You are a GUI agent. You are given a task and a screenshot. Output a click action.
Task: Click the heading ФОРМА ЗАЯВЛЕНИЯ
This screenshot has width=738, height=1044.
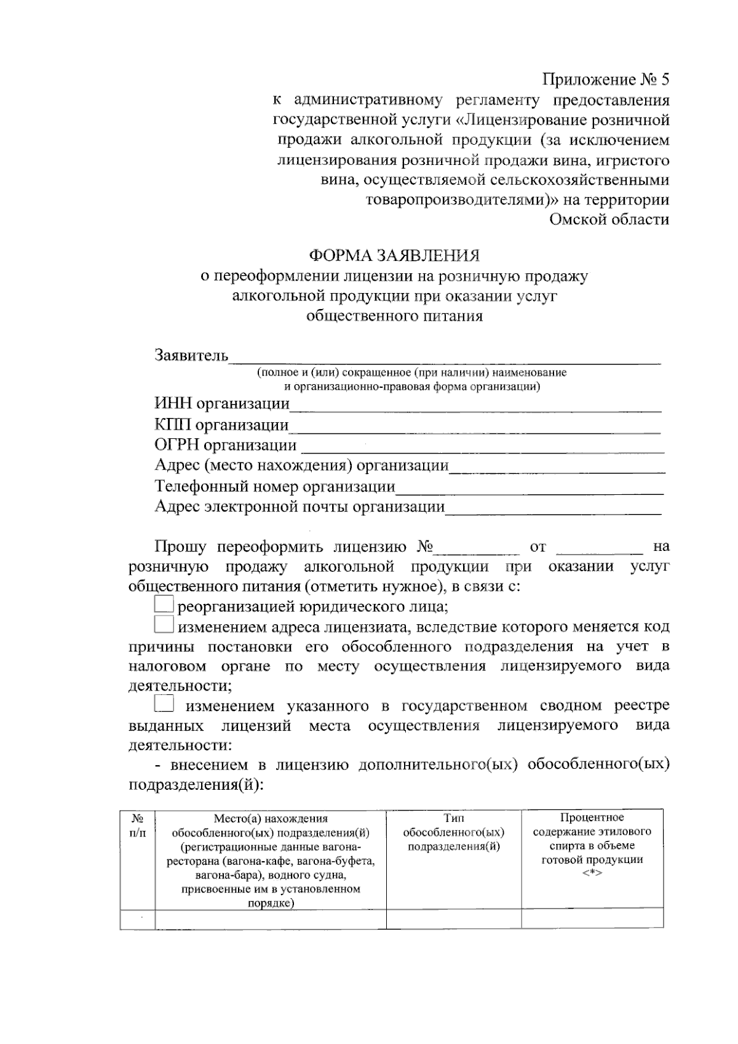[x=394, y=255]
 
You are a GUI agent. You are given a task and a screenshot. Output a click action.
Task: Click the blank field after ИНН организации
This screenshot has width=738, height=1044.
[x=475, y=405]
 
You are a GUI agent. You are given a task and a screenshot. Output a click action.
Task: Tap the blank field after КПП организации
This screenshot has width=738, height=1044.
[x=475, y=426]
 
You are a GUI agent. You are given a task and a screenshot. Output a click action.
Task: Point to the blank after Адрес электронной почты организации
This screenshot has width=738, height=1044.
[x=553, y=508]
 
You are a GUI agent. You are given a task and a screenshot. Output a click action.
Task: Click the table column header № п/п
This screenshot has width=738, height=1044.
[x=138, y=825]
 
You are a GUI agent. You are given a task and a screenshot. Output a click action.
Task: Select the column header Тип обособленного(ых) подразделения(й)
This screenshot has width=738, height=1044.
[x=454, y=832]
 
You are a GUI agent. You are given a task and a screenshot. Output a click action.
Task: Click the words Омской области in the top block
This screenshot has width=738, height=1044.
[x=609, y=219]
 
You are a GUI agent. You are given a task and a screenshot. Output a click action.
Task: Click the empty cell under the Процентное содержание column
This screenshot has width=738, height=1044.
[x=592, y=918]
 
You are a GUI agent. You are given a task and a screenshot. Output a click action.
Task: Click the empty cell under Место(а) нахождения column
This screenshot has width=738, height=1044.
[x=271, y=918]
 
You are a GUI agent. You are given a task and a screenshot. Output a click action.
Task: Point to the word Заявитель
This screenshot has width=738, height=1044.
[x=191, y=356]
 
